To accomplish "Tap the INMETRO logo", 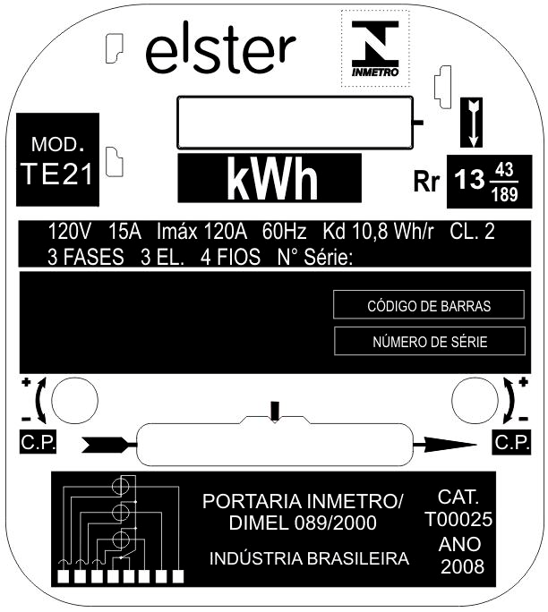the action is point(375,49).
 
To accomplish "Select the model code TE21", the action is point(57,174).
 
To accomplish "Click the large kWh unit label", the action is point(272,178).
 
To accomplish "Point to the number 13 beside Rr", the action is point(469,180).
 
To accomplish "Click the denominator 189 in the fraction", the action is point(505,194).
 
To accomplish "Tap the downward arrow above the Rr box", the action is point(473,123).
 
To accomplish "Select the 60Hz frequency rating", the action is point(285,232).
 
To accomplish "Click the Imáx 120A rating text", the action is point(202,232).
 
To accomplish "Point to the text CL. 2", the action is point(472,232).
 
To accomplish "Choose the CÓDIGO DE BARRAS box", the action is point(429,305).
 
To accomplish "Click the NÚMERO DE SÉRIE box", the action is point(430,342).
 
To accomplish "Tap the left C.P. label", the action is point(39,442).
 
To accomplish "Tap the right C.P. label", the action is point(512,443).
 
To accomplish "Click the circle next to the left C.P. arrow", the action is point(74,401).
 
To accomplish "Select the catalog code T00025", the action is point(458,519).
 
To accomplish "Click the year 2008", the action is point(462,566).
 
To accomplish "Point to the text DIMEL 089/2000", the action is point(303,523).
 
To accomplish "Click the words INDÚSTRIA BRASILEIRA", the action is point(309,558).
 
